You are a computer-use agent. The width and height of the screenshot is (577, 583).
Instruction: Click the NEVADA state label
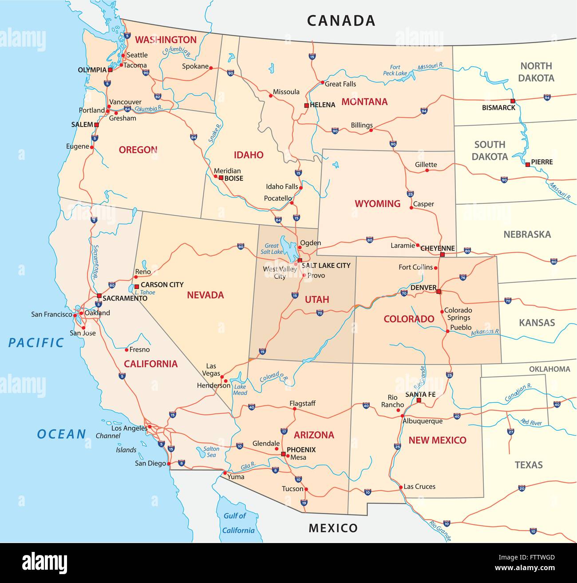(x=205, y=295)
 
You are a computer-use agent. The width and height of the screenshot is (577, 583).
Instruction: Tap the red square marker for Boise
(x=221, y=178)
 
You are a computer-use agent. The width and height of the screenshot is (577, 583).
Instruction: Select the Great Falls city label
(x=340, y=84)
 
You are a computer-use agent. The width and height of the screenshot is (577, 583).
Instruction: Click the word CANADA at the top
(x=341, y=20)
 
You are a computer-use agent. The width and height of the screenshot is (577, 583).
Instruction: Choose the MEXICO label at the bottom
(x=333, y=528)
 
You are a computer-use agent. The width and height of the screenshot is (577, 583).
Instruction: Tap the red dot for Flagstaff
(x=294, y=409)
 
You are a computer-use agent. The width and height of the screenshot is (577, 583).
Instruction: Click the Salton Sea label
(x=211, y=452)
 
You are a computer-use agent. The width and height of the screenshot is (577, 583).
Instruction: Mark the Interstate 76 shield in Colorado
(x=463, y=278)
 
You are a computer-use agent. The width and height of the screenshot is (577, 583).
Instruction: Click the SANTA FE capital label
(x=420, y=394)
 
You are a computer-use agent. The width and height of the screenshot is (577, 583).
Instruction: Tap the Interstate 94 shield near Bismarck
(x=547, y=97)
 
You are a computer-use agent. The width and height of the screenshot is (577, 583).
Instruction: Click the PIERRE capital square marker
(x=527, y=165)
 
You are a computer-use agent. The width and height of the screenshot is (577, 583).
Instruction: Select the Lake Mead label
(x=240, y=390)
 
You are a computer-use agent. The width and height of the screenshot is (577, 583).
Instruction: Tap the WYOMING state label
(x=377, y=204)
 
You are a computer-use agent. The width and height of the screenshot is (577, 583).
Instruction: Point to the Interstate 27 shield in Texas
(x=511, y=432)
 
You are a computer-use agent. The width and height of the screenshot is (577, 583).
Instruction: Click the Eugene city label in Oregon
(x=78, y=147)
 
